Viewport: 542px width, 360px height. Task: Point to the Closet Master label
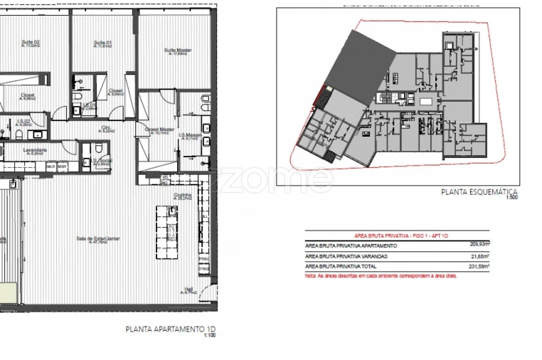click(159, 130)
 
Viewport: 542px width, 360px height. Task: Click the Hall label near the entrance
click(188, 290)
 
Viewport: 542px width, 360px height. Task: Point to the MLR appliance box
click(51, 166)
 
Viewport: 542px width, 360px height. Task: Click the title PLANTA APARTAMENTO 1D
click(169, 329)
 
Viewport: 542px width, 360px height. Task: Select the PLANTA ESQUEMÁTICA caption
click(479, 192)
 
